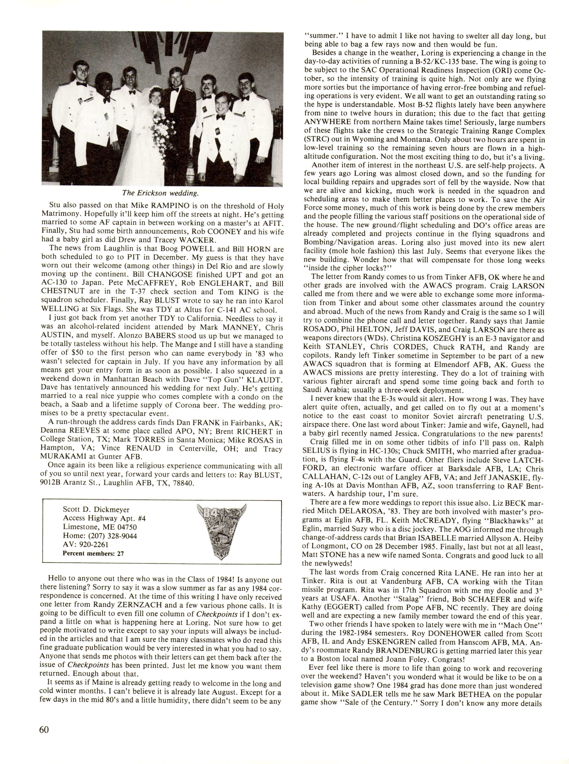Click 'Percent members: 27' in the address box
tap(93, 553)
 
